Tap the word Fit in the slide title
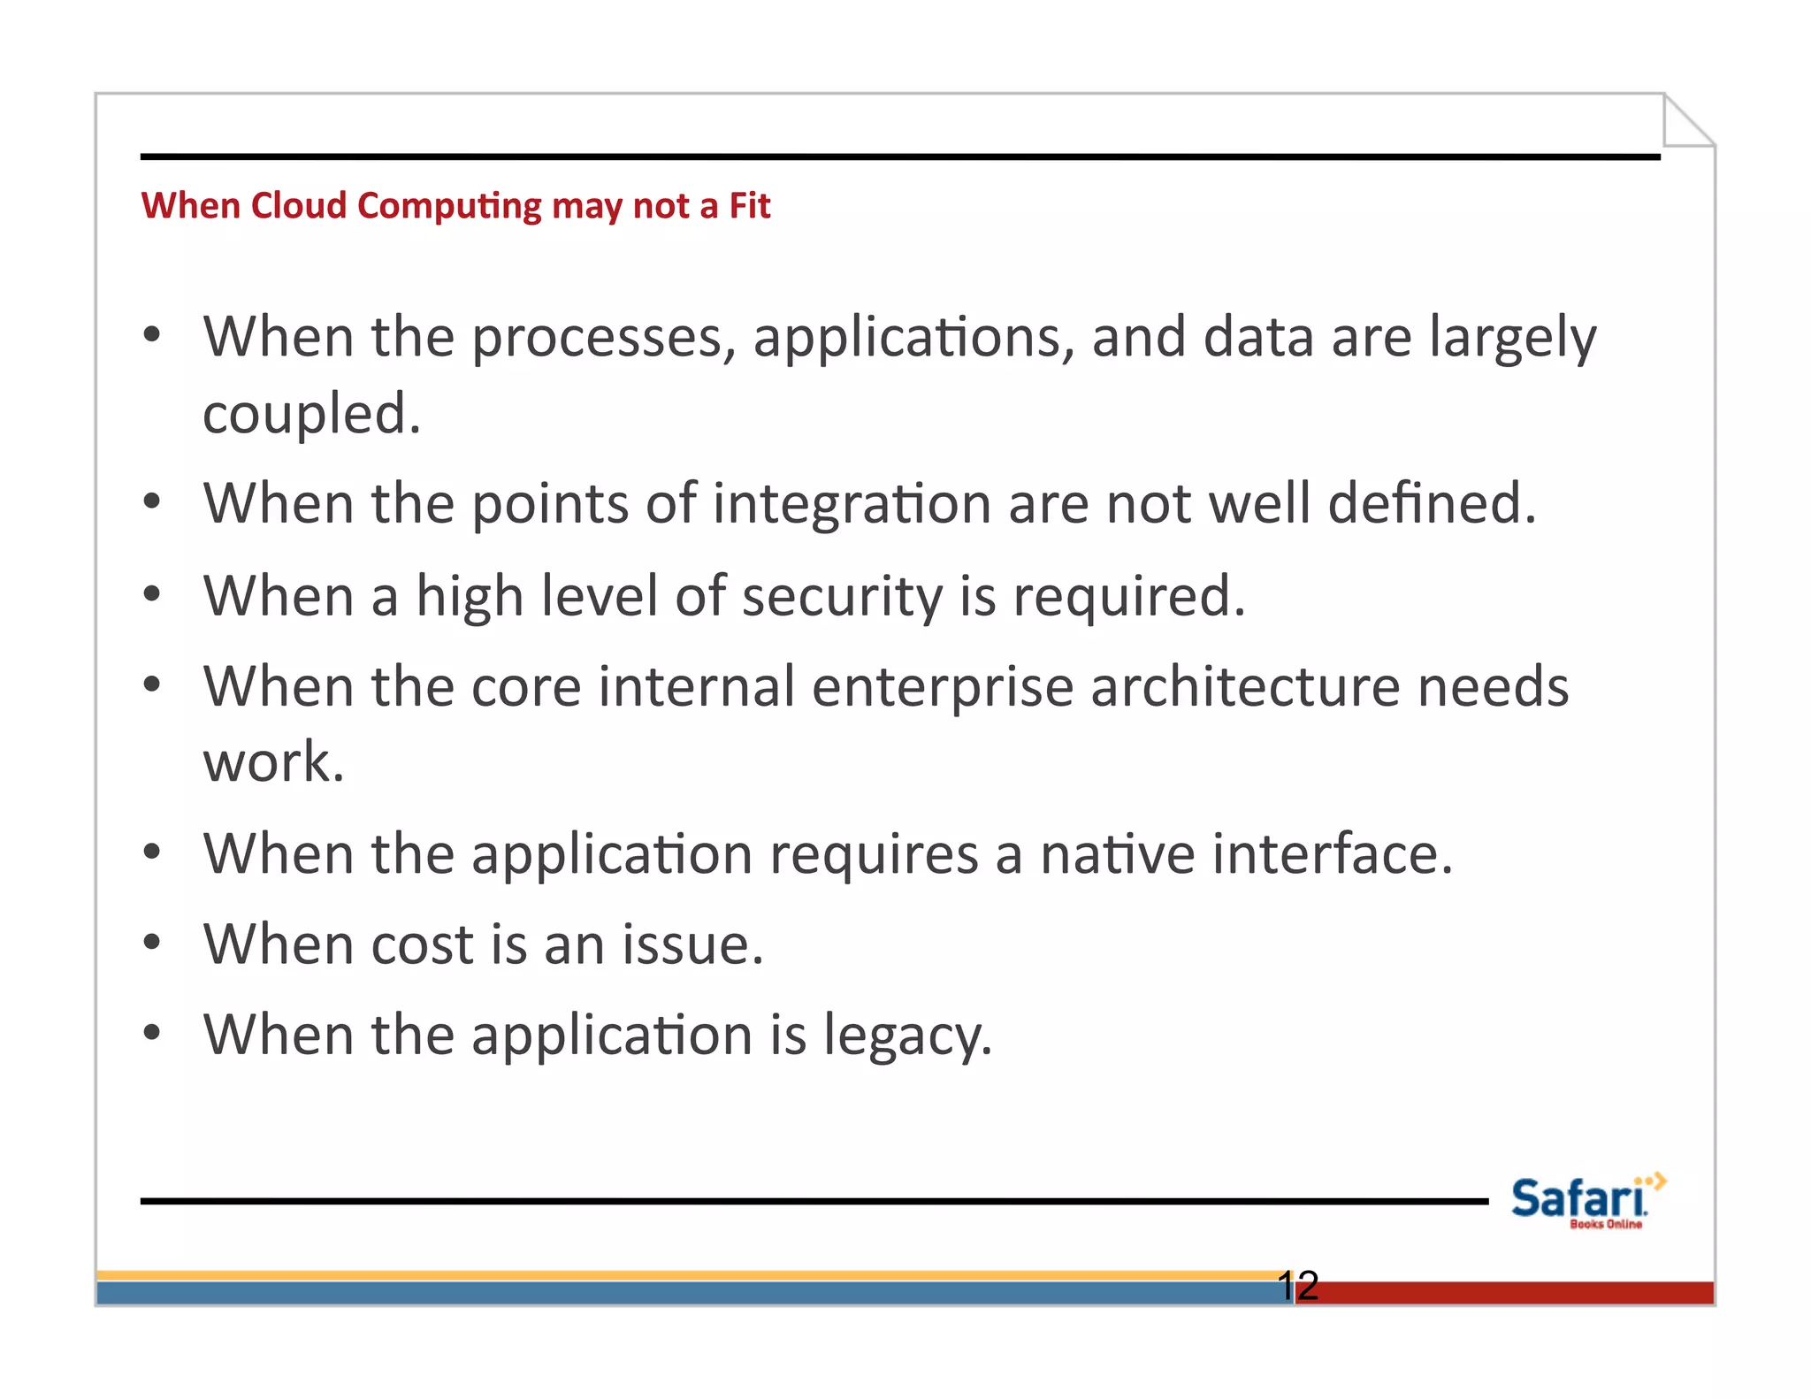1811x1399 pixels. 749,205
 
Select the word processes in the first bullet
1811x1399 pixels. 603,338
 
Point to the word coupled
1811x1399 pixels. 311,414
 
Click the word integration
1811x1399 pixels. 852,504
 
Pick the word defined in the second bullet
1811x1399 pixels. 1431,502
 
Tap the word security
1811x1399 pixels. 842,596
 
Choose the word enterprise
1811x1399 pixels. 942,687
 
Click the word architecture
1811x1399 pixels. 1245,687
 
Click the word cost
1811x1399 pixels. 423,944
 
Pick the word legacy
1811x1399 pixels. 907,1036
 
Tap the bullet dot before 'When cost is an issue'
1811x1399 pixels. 152,943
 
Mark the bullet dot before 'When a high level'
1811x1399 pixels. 152,594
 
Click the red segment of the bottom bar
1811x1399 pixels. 1503,1293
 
